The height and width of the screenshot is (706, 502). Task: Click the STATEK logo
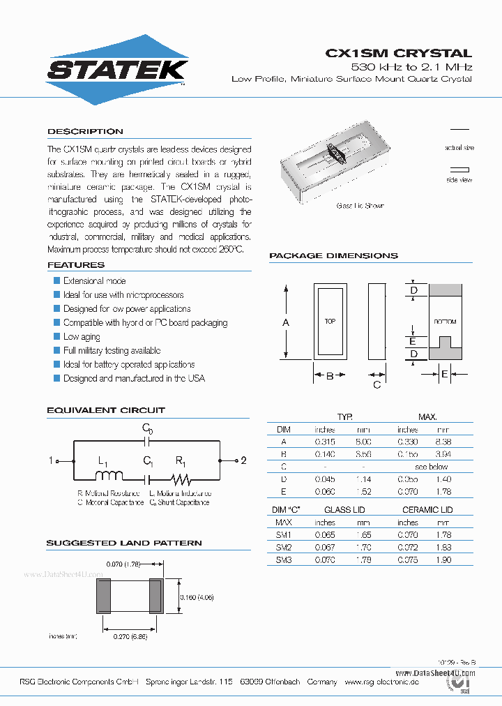(116, 70)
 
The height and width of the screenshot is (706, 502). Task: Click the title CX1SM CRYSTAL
(399, 53)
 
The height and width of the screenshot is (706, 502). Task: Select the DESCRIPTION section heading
(85, 131)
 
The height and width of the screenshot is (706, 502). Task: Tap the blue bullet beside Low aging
(57, 336)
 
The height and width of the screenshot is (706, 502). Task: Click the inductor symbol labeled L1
(108, 476)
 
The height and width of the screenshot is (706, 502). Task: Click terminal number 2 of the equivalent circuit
(243, 460)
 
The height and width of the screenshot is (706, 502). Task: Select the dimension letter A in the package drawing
(285, 322)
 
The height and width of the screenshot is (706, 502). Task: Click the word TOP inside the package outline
(330, 322)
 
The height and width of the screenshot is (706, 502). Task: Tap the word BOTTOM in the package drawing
(444, 322)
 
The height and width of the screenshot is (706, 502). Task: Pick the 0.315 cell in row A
(325, 442)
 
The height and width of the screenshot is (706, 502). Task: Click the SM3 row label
(284, 559)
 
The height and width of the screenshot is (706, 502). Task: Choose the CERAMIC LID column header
(427, 510)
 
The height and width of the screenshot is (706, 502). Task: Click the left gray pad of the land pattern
(103, 596)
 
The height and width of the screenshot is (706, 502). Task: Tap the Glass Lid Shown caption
(360, 206)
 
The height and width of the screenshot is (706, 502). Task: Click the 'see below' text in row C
(431, 467)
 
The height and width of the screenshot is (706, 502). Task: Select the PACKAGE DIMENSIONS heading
(333, 256)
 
